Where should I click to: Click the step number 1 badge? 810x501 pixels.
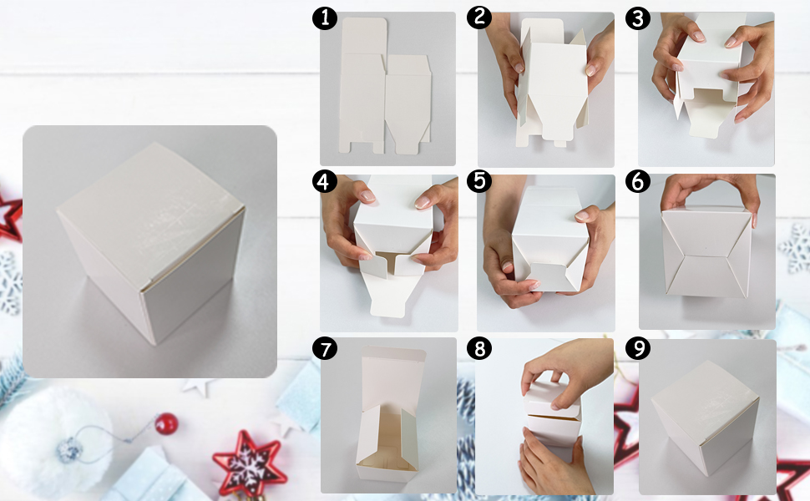(x=324, y=18)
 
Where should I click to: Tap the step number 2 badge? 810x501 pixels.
(x=478, y=17)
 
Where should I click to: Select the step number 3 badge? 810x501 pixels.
(x=637, y=18)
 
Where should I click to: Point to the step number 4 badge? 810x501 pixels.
(x=324, y=182)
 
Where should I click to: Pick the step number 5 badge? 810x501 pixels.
(x=478, y=181)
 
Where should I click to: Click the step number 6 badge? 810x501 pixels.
(x=637, y=182)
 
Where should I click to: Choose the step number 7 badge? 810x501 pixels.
(x=324, y=349)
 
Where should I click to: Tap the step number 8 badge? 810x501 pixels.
(x=478, y=349)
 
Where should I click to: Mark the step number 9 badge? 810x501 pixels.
(x=637, y=349)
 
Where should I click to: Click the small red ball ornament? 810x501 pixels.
(x=166, y=424)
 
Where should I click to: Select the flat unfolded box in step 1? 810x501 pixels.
(x=385, y=86)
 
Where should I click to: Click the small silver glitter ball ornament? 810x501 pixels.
(x=70, y=450)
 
